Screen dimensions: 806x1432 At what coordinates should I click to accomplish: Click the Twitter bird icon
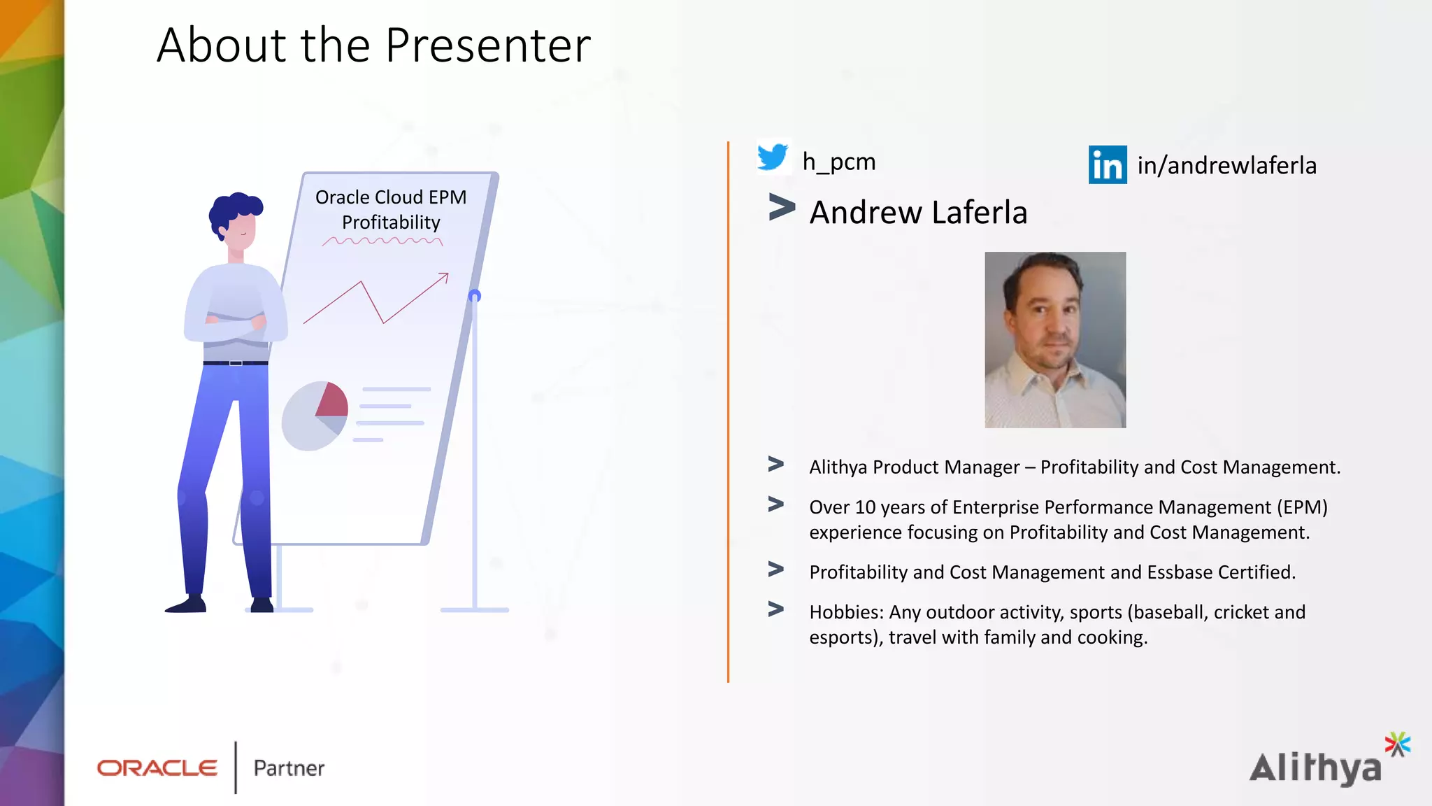[x=773, y=157]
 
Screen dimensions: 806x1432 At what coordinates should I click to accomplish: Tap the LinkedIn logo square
[x=1108, y=165]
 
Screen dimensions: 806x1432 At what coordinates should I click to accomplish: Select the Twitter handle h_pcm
[x=838, y=162]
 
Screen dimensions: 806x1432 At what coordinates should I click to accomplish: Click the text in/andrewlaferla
[x=1226, y=166]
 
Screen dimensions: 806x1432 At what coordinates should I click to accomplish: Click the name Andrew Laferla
[x=918, y=213]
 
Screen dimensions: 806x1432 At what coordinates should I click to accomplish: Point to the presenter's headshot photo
[x=1055, y=340]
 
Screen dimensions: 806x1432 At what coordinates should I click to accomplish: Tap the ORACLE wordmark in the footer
[x=157, y=768]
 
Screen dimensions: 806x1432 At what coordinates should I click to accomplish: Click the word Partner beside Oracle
[x=289, y=768]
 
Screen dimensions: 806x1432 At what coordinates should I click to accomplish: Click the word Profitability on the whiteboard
[x=391, y=222]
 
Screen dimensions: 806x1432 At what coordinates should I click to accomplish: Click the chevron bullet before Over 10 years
[x=775, y=504]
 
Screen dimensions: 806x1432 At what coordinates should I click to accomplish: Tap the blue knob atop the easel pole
[x=475, y=296]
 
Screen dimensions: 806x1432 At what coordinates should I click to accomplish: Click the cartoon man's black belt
[x=236, y=363]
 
